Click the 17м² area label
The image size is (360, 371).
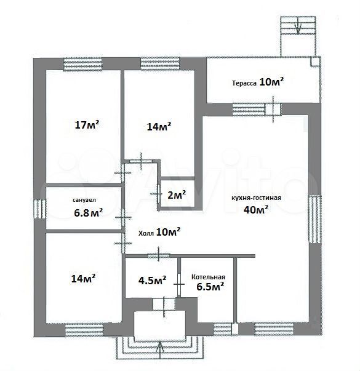(x=87, y=124)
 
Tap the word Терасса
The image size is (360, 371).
(x=244, y=83)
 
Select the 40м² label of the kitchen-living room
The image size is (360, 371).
(x=256, y=209)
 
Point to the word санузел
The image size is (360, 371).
(x=84, y=200)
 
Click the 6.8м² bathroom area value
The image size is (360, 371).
(x=88, y=212)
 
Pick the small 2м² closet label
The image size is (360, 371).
(x=177, y=194)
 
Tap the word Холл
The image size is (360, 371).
(x=146, y=234)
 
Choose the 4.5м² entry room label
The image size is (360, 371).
(x=152, y=281)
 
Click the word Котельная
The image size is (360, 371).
(x=208, y=277)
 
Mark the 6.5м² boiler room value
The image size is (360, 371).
(x=210, y=287)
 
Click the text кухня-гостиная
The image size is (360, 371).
(x=257, y=197)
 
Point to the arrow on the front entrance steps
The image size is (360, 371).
(x=160, y=353)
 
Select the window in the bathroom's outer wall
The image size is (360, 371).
(x=39, y=209)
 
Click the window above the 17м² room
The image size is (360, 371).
(x=82, y=64)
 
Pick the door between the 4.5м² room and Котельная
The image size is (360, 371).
(x=179, y=284)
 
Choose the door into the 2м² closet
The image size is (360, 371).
(x=158, y=194)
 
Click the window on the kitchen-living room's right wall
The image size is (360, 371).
(x=314, y=219)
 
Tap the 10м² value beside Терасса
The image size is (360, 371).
(x=272, y=82)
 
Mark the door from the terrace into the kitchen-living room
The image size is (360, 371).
(x=273, y=110)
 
